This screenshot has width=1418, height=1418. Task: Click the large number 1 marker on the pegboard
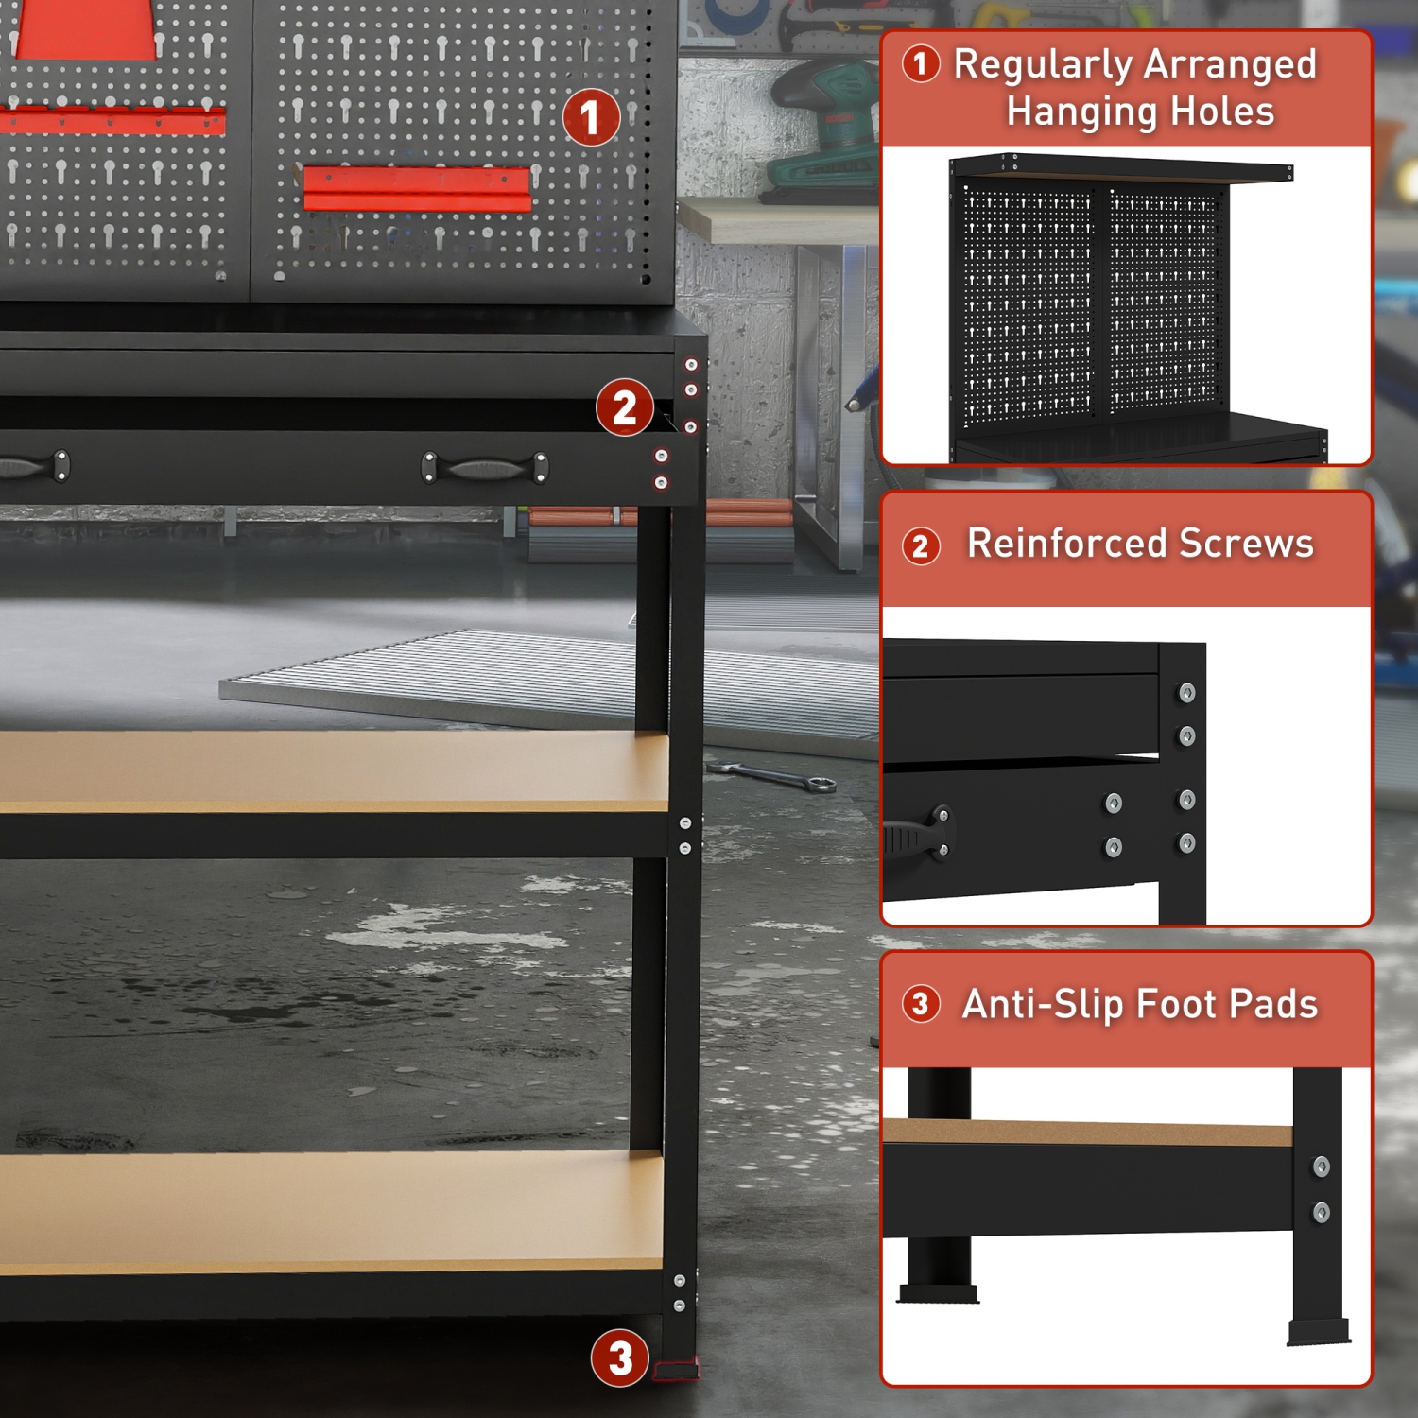pyautogui.click(x=591, y=117)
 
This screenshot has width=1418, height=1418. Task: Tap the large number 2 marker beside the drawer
pyautogui.click(x=624, y=407)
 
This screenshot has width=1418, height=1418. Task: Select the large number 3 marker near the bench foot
pyautogui.click(x=619, y=1358)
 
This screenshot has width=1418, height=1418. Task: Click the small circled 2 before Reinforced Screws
pyautogui.click(x=921, y=545)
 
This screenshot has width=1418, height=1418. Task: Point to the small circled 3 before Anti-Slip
pyautogui.click(x=921, y=1004)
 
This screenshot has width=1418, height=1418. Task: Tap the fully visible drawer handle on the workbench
pyautogui.click(x=484, y=468)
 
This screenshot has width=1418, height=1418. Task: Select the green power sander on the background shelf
pyautogui.click(x=822, y=132)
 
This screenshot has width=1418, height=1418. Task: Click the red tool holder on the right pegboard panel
pyautogui.click(x=416, y=188)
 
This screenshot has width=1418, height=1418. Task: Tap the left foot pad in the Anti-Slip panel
pyautogui.click(x=938, y=1293)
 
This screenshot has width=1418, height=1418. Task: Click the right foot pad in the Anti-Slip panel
pyautogui.click(x=1319, y=1333)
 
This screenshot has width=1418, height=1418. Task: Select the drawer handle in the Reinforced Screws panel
pyautogui.click(x=917, y=836)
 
